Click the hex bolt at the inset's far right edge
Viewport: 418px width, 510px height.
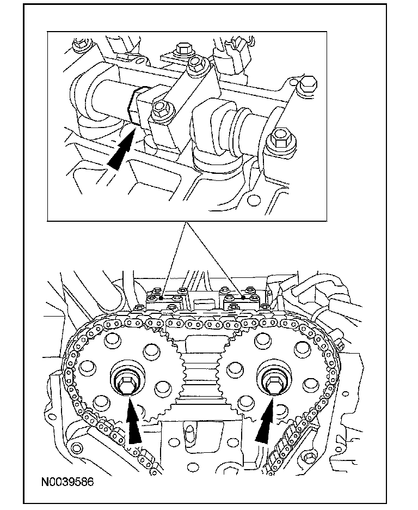306,84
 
